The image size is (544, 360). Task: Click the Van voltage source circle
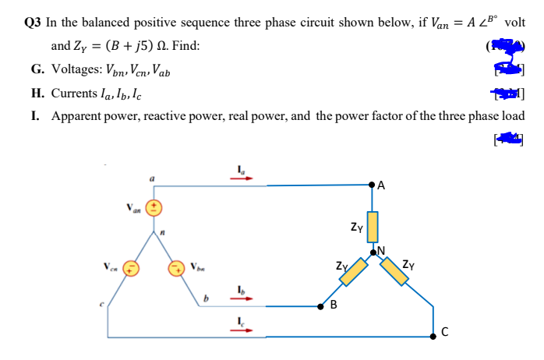tap(154, 208)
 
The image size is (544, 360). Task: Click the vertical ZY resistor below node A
tap(373, 226)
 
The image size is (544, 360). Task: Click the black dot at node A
tap(373, 185)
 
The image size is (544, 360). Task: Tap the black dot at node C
tap(435, 337)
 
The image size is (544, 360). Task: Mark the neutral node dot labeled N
tap(373, 252)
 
